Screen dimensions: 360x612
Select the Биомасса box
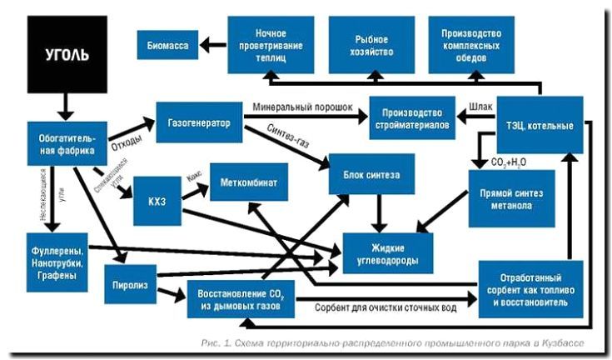click(167, 42)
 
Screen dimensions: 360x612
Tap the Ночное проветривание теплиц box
click(268, 42)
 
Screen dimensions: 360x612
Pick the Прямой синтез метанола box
click(511, 197)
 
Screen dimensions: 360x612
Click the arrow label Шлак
click(481, 107)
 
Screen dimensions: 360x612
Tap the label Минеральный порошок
click(303, 107)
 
